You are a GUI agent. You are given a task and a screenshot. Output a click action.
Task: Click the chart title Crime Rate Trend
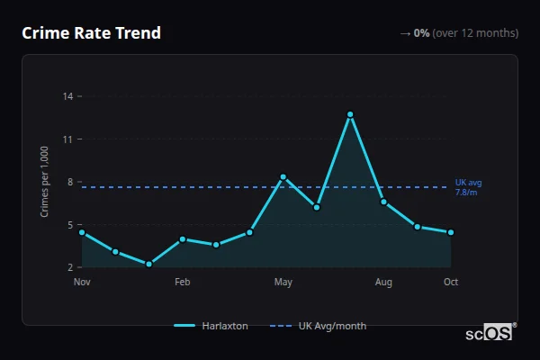pyautogui.click(x=91, y=33)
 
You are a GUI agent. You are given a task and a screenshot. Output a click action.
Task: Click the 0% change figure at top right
pyautogui.click(x=421, y=33)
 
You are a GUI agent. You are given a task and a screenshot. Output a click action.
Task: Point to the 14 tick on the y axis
pyautogui.click(x=68, y=96)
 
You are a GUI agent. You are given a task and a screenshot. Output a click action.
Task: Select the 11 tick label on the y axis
pyautogui.click(x=68, y=139)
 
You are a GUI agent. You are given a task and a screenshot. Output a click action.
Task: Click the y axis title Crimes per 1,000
pyautogui.click(x=45, y=182)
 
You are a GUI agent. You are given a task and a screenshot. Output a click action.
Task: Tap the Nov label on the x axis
pyautogui.click(x=82, y=283)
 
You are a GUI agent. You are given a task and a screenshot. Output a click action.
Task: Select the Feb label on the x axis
pyautogui.click(x=182, y=283)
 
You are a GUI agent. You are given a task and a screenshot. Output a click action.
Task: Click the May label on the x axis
pyautogui.click(x=283, y=283)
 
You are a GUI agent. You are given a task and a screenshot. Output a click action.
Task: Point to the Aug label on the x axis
pyautogui.click(x=383, y=283)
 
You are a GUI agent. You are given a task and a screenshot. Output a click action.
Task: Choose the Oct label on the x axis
pyautogui.click(x=451, y=283)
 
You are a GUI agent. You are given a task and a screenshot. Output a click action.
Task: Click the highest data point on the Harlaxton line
pyautogui.click(x=350, y=114)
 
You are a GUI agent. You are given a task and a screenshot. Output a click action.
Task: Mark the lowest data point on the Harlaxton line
pyautogui.click(x=148, y=265)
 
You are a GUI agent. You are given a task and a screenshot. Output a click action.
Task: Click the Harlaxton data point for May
pyautogui.click(x=283, y=177)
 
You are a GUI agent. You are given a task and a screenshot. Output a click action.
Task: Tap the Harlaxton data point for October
pyautogui.click(x=451, y=232)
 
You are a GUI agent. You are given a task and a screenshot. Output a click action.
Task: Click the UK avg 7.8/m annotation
pyautogui.click(x=467, y=187)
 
